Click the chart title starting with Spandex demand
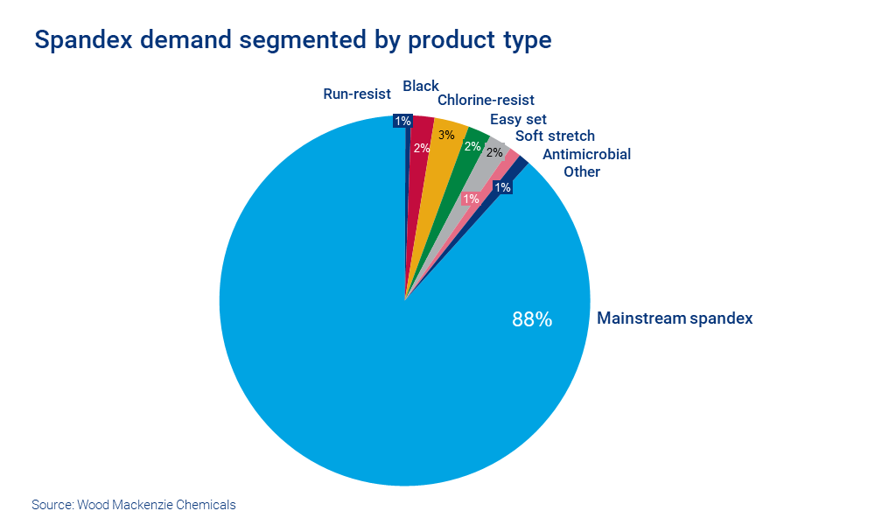coord(292,40)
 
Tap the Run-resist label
coord(357,94)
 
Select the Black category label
coord(421,86)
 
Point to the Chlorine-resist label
coord(486,101)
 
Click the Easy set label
coord(519,119)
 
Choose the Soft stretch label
coord(555,136)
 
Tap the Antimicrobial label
coord(586,154)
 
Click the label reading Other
coord(582,171)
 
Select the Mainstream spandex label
coord(675,318)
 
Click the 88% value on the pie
coord(532,319)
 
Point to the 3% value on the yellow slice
coord(446,135)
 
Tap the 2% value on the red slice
coord(422,148)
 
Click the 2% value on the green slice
coord(472,146)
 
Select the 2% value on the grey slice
coord(494,152)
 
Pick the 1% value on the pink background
coord(471,199)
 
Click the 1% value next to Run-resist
coord(402,121)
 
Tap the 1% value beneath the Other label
coord(502,186)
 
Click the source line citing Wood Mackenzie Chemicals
coord(134,505)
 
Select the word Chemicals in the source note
coord(206,505)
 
